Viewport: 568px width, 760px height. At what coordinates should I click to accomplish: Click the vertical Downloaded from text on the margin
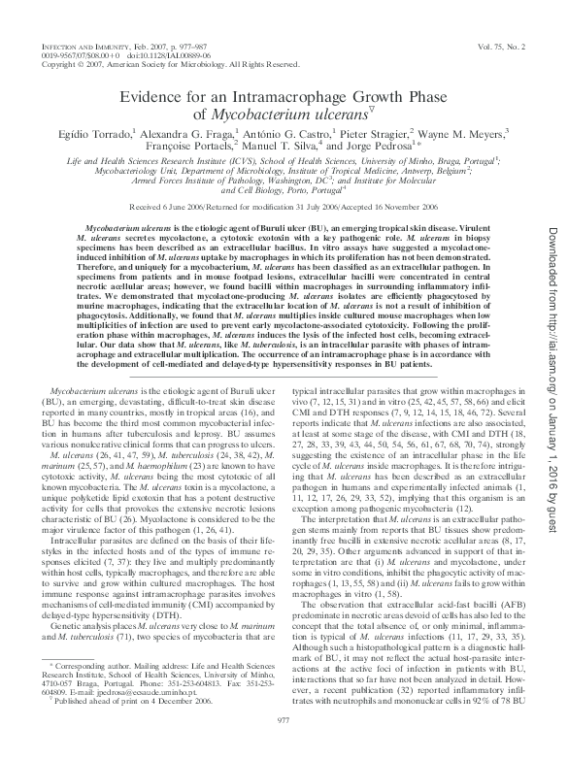(x=550, y=291)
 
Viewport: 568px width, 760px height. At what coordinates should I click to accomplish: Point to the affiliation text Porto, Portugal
(x=292, y=191)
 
